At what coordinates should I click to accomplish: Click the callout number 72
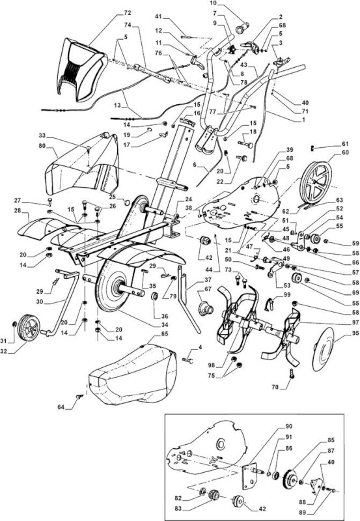pos(128,13)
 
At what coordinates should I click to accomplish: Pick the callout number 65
pos(165,333)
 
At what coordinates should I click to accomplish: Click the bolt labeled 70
pos(292,373)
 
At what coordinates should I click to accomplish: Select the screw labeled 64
pos(79,396)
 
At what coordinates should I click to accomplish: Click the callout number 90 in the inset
pos(288,427)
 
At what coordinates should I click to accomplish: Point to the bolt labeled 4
pos(189,359)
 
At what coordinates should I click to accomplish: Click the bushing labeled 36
pos(155,296)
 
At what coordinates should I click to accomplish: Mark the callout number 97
pos(355,322)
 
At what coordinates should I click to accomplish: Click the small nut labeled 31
pos(14,324)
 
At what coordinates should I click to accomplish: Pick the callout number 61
pos(346,144)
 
